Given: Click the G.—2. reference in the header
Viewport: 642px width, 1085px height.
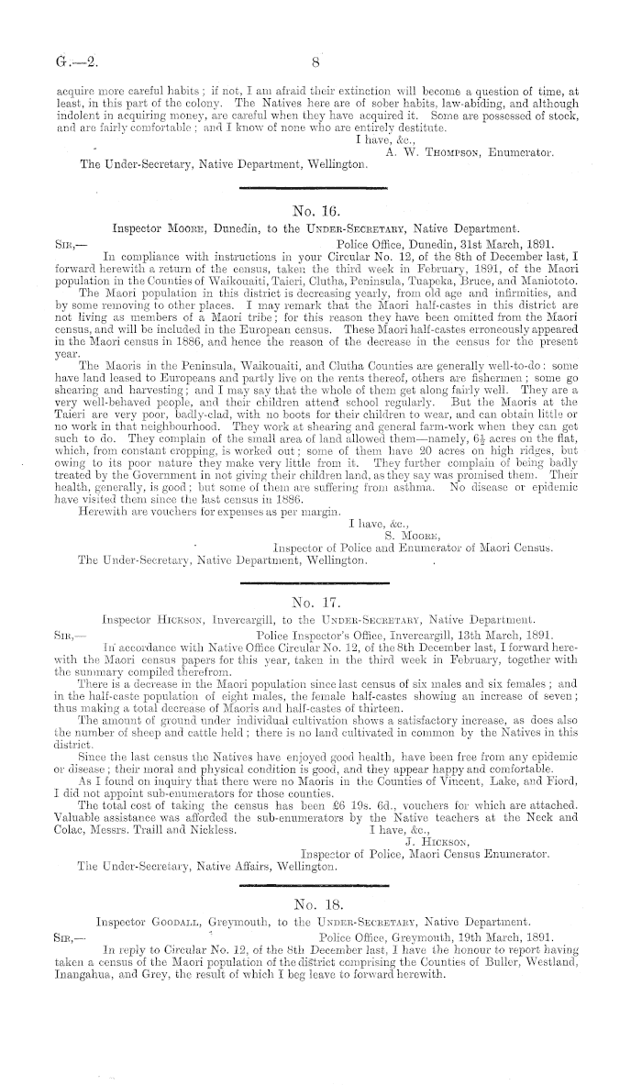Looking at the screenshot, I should pos(57,64).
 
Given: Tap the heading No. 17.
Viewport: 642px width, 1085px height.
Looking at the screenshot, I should pos(314,603).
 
